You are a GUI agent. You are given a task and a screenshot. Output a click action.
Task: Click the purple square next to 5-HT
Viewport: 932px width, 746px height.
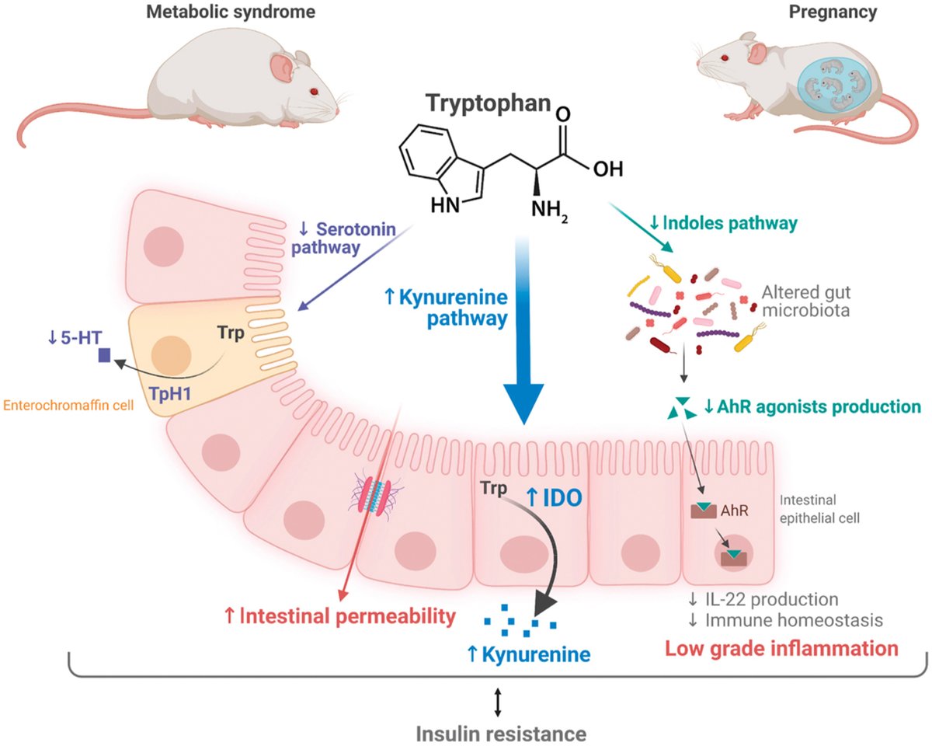click(x=104, y=357)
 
